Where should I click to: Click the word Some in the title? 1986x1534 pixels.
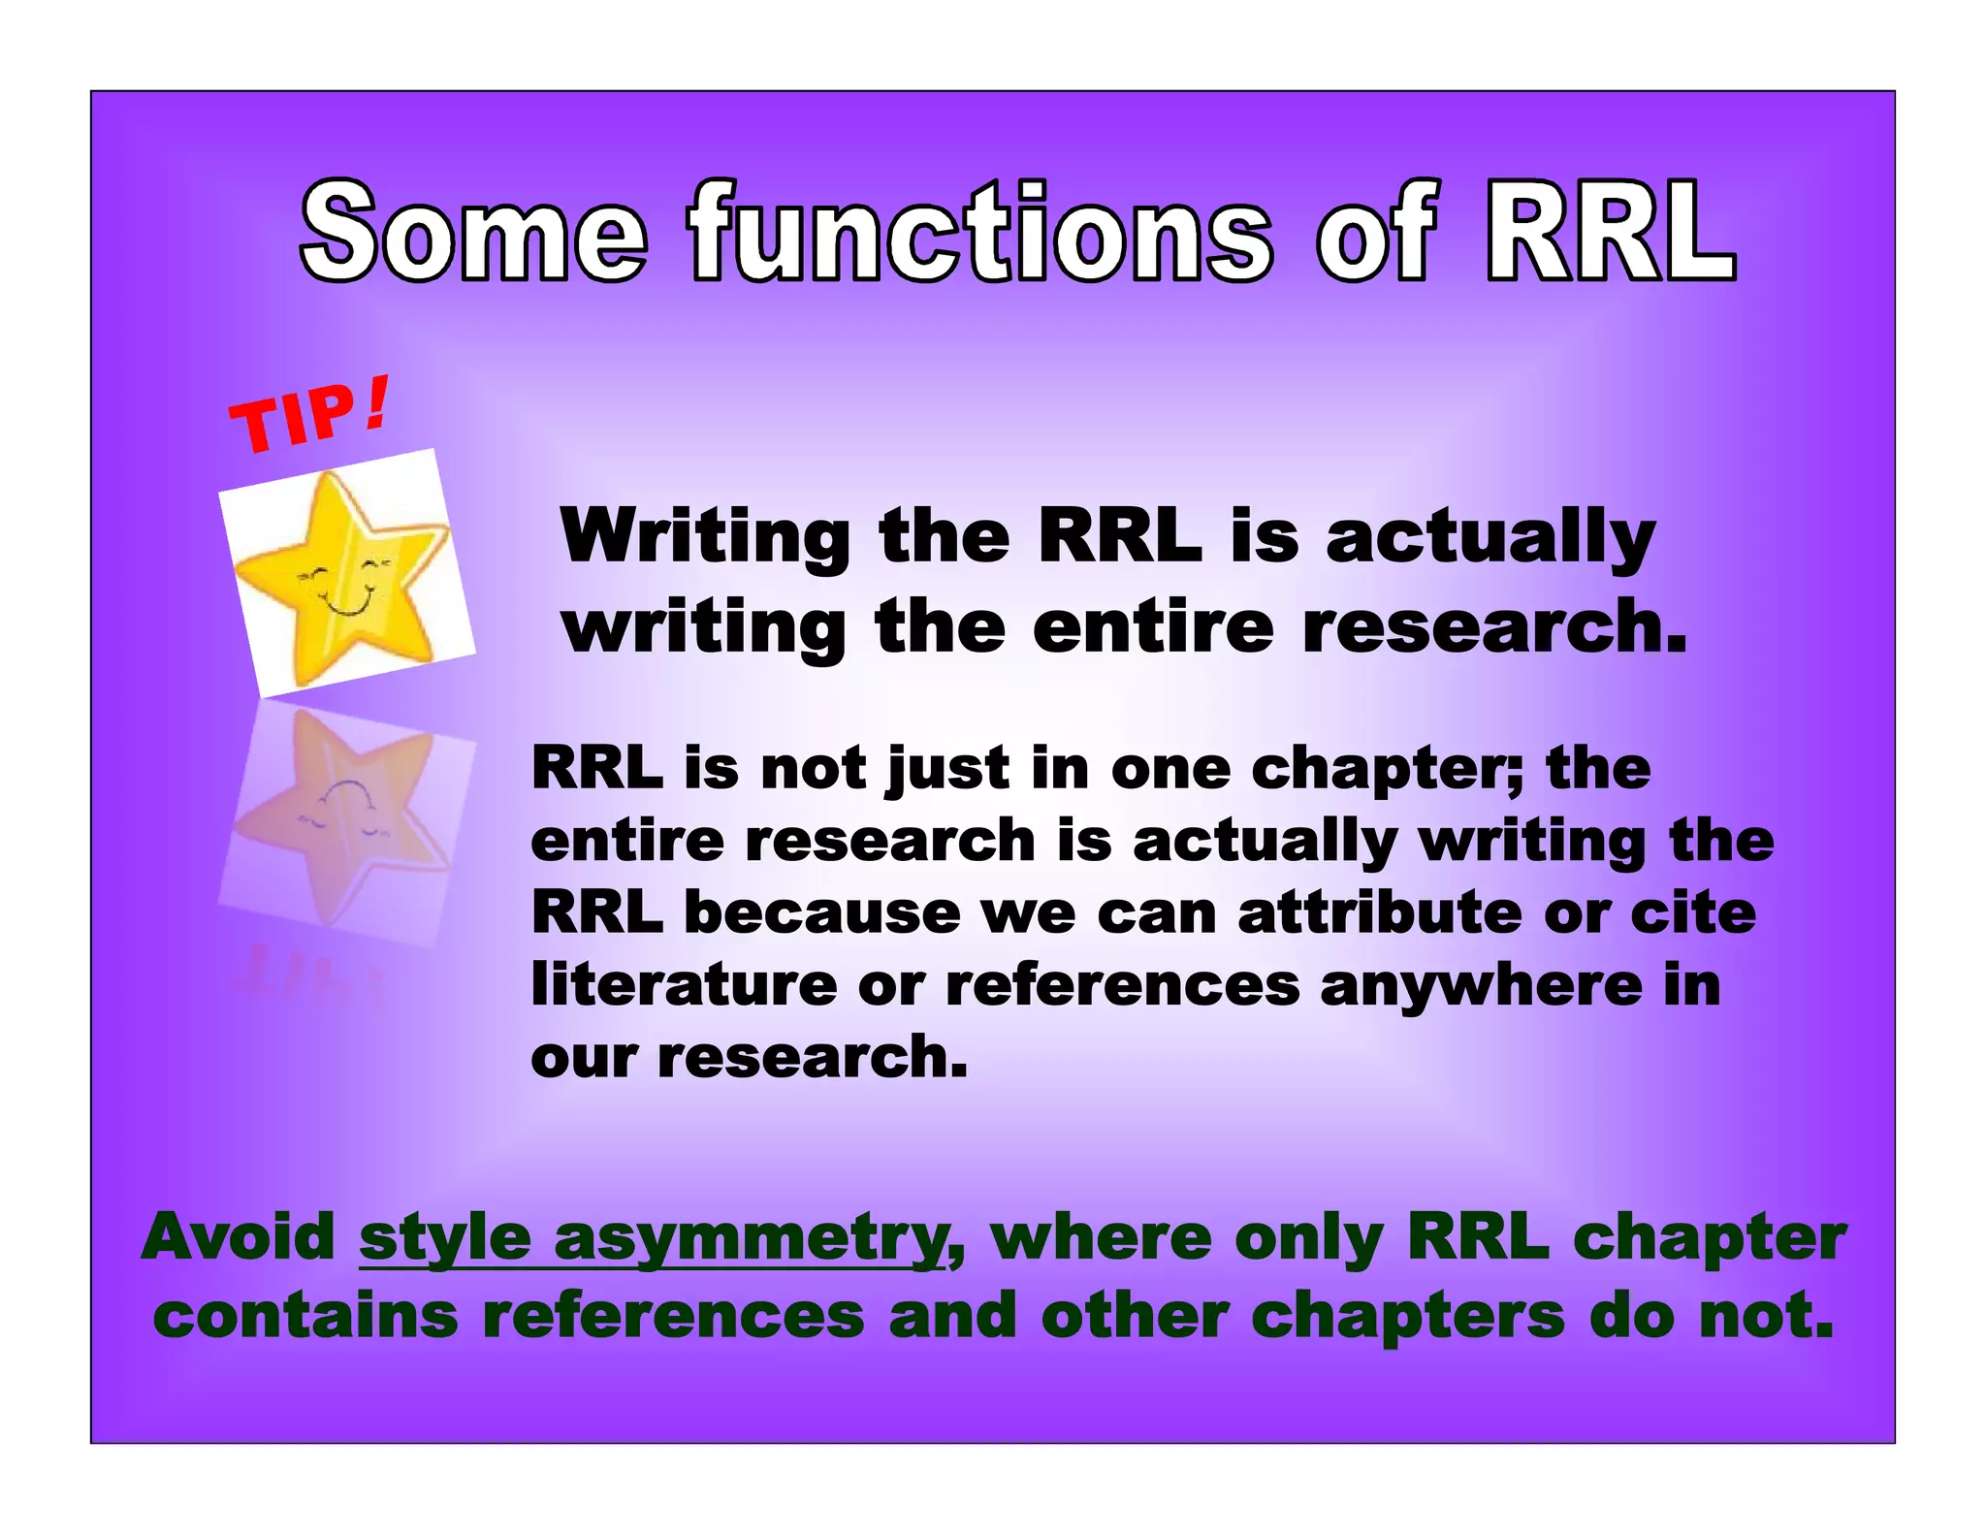click(x=472, y=233)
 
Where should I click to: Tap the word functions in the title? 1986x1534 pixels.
click(x=979, y=233)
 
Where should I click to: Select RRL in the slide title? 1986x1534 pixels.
click(x=1610, y=233)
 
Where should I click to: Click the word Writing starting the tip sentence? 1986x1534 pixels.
click(x=705, y=536)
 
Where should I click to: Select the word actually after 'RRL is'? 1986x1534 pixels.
click(x=1490, y=536)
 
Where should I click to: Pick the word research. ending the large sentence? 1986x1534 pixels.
click(x=1494, y=627)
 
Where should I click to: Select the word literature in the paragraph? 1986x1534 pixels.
click(x=684, y=985)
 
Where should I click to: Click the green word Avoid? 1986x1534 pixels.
click(x=239, y=1238)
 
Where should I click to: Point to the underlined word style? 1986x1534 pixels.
click(x=444, y=1238)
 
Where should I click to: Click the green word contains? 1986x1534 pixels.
click(x=305, y=1317)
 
